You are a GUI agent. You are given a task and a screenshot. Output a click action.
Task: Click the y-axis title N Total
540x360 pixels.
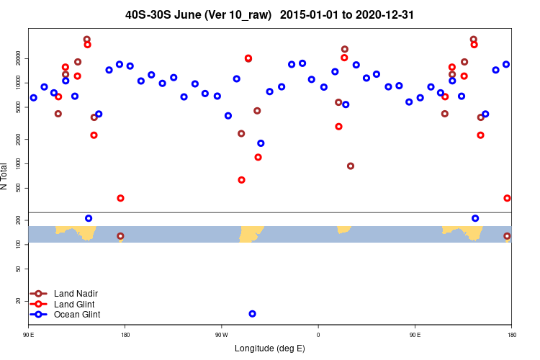[5, 176]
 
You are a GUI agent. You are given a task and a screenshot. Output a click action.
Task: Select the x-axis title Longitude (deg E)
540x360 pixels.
[270, 348]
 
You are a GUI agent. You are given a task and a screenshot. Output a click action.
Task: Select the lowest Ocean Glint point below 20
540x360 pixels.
[252, 314]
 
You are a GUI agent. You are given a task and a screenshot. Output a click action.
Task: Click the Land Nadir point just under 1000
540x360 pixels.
[351, 166]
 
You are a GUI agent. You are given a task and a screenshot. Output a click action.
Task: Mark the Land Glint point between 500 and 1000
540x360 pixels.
[241, 180]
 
